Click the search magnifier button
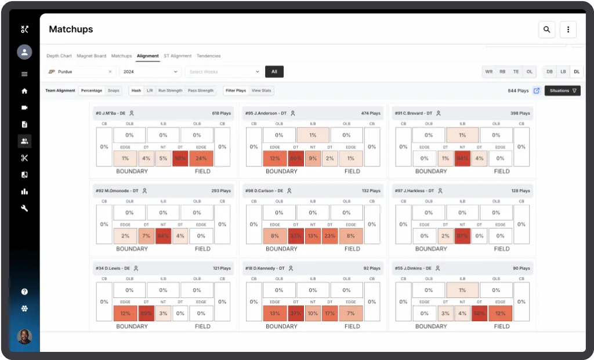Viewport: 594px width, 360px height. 546,30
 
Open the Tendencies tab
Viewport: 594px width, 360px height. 208,56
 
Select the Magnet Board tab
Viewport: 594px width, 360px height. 91,56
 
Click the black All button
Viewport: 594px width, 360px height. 274,72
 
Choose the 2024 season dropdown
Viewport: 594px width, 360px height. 150,72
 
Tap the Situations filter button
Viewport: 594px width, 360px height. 562,90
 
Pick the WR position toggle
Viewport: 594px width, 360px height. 489,72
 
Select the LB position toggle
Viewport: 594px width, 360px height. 562,72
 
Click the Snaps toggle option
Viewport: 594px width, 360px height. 114,90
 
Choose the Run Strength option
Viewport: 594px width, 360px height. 170,90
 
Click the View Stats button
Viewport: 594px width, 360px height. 261,90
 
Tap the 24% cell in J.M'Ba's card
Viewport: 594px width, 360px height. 201,158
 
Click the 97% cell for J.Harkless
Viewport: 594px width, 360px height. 462,236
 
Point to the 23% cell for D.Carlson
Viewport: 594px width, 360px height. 329,236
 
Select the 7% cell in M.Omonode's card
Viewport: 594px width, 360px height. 146,236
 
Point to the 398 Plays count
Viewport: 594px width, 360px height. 520,114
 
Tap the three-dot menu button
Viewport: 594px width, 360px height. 568,30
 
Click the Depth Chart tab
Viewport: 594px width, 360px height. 59,56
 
